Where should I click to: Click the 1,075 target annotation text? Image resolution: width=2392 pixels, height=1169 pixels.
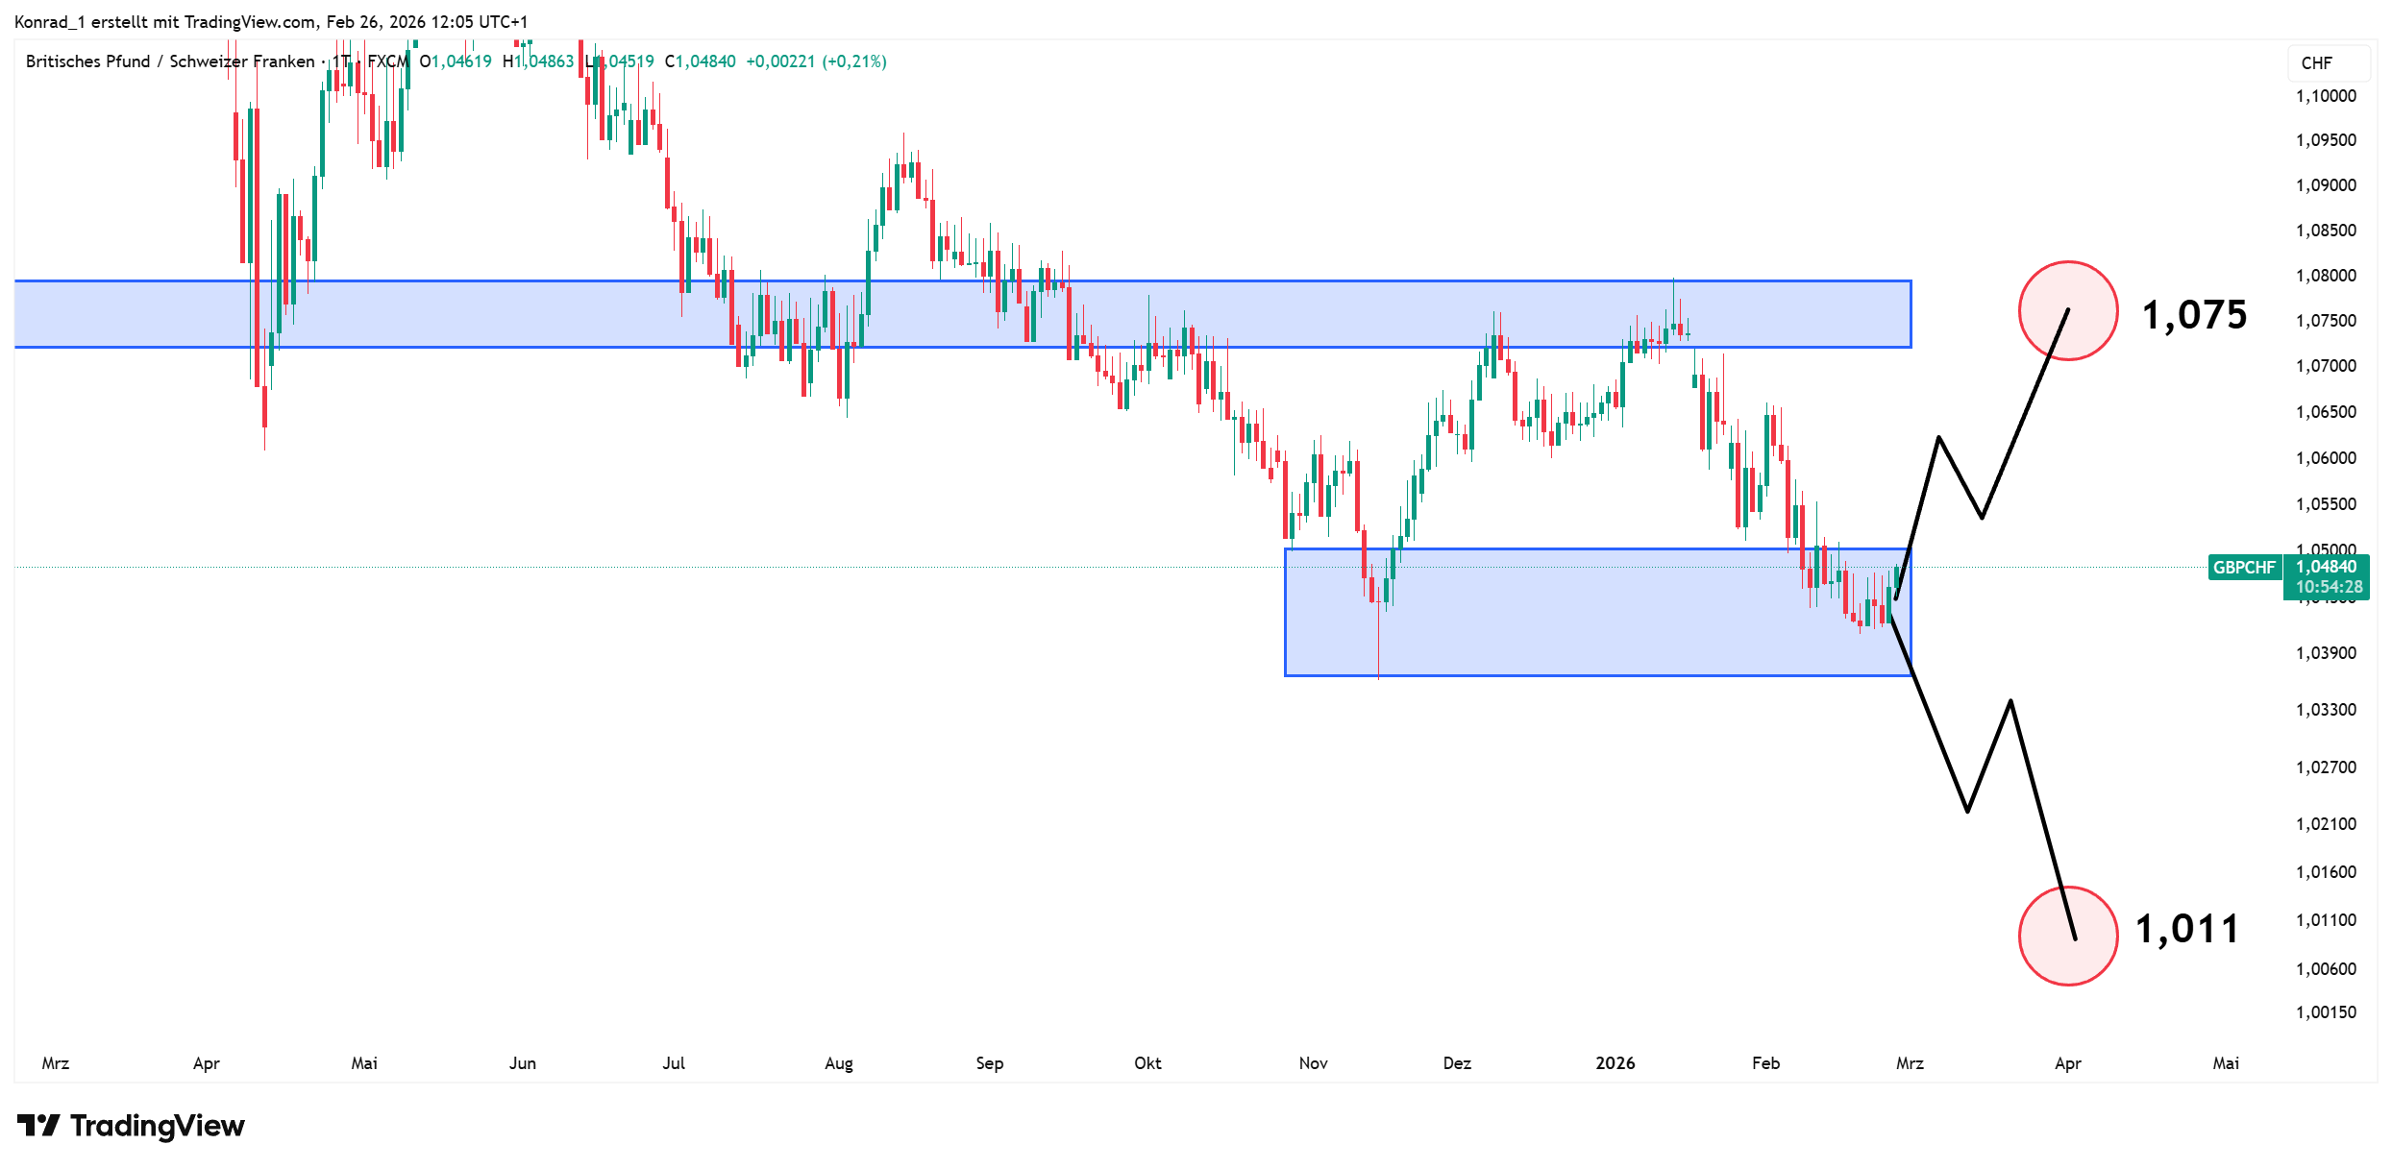pos(2194,315)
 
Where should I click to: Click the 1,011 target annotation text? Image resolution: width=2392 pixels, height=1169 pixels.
pos(2187,929)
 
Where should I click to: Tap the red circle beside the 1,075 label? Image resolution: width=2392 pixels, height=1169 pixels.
pos(2068,311)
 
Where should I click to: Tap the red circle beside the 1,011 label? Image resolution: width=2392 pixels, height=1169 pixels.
pos(2068,936)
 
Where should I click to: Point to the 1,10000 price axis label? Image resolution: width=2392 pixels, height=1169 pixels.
pos(2326,96)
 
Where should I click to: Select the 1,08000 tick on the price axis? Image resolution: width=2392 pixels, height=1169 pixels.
pos(2326,276)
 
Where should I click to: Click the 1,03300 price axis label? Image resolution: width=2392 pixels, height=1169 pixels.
pos(2326,710)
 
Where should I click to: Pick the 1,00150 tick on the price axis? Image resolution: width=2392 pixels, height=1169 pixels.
pos(2326,1011)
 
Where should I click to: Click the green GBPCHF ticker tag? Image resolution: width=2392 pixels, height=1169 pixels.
pos(2244,568)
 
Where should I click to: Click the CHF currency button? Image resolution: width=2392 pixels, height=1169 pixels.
pos(2316,63)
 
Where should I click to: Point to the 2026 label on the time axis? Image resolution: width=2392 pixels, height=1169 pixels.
pos(1615,1063)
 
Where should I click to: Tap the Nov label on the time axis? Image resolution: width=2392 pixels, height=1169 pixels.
pos(1313,1063)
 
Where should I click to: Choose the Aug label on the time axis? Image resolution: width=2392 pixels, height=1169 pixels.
pos(838,1063)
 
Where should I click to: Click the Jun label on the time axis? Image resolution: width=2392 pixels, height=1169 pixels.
pos(522,1063)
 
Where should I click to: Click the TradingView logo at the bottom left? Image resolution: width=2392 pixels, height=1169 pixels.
pos(131,1126)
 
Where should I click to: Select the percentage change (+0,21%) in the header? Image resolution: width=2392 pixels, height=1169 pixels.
pos(853,61)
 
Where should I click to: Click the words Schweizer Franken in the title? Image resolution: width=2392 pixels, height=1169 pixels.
pos(242,61)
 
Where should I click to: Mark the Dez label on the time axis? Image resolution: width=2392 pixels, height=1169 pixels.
pos(1457,1063)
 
